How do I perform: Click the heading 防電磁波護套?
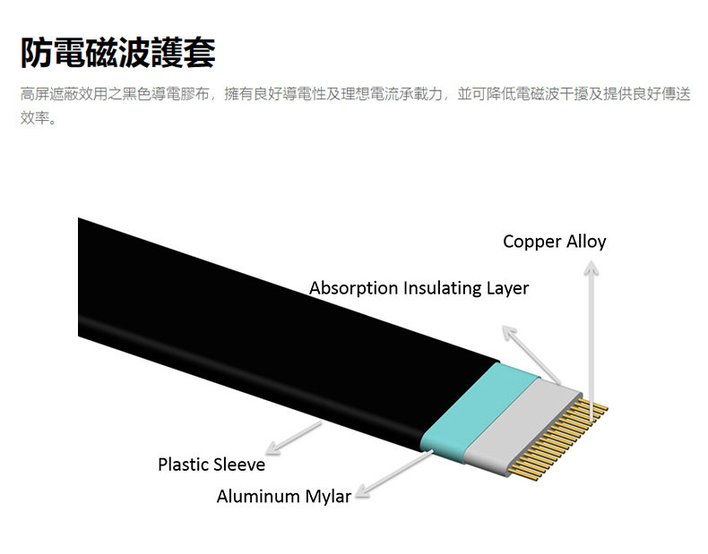(x=117, y=53)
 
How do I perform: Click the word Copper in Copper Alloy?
(x=530, y=242)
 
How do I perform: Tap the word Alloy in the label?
(x=583, y=242)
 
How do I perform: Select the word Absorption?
(x=354, y=288)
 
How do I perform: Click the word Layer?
(x=507, y=288)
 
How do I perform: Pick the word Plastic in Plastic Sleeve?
(x=184, y=465)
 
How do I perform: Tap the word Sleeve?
(x=239, y=465)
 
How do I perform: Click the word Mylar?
(x=327, y=496)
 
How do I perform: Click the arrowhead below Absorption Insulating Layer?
(x=509, y=332)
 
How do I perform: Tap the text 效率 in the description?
(x=37, y=116)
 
